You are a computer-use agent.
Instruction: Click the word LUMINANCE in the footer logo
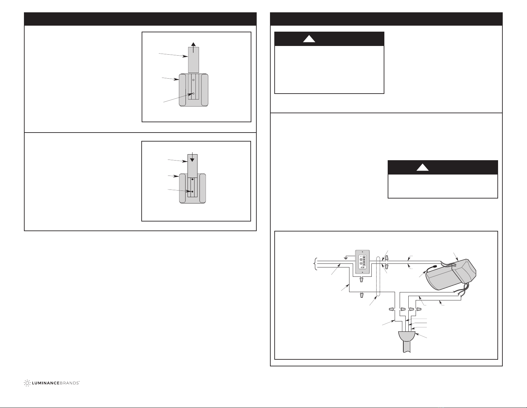[x=46, y=383]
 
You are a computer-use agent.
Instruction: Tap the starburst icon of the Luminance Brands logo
[x=27, y=383]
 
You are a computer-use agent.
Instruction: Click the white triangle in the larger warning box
[x=309, y=39]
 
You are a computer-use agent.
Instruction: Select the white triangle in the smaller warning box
[x=423, y=167]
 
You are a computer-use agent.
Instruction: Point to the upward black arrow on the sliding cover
[x=193, y=47]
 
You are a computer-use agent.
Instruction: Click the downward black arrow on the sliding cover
[x=192, y=157]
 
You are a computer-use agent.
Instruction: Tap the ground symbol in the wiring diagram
[x=346, y=258]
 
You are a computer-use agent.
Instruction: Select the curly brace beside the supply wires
[x=314, y=264]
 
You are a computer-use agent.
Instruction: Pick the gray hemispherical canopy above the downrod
[x=407, y=336]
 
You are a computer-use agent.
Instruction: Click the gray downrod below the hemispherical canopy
[x=407, y=347]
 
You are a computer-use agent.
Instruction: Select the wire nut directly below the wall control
[x=361, y=280]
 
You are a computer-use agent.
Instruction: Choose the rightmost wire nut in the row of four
[x=419, y=309]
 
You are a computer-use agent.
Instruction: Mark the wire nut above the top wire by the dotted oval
[x=387, y=257]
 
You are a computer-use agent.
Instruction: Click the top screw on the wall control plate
[x=362, y=252]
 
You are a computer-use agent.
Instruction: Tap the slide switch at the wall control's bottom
[x=363, y=267]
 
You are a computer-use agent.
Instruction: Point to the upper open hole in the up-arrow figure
[x=193, y=80]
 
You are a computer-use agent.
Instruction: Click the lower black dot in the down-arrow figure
[x=192, y=192]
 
